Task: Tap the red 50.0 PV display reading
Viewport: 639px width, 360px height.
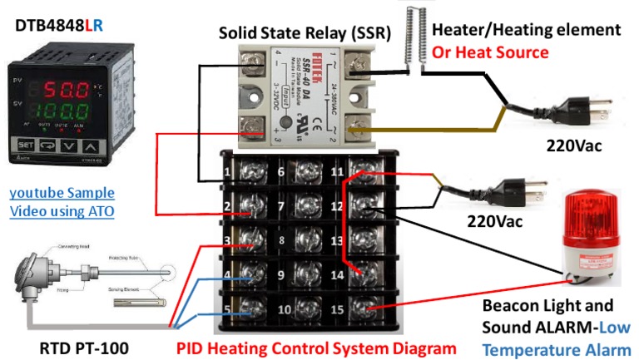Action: click(62, 87)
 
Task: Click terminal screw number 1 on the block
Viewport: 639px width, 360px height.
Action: click(247, 172)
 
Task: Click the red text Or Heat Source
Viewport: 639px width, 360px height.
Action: click(490, 52)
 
